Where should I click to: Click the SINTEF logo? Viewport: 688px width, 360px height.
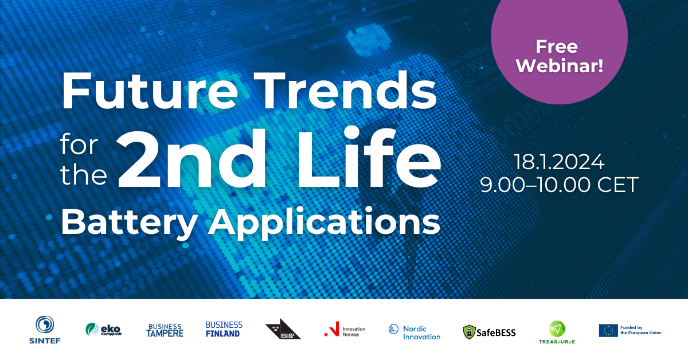(44, 330)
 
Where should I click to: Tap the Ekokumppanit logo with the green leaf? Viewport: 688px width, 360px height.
(104, 329)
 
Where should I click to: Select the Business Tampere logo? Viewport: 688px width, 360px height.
(165, 330)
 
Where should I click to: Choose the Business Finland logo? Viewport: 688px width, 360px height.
(224, 329)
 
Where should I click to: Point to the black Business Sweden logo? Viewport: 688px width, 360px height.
(283, 329)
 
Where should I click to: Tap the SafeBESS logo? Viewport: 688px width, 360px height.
(489, 332)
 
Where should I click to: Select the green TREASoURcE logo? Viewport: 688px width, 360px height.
(557, 331)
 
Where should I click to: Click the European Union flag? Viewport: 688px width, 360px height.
(608, 330)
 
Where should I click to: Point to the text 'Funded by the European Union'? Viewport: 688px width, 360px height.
(640, 330)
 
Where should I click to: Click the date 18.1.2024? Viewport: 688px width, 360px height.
(559, 162)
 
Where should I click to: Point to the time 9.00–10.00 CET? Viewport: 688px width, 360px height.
(559, 185)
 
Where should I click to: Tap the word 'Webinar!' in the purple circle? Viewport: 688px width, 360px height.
(559, 64)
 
